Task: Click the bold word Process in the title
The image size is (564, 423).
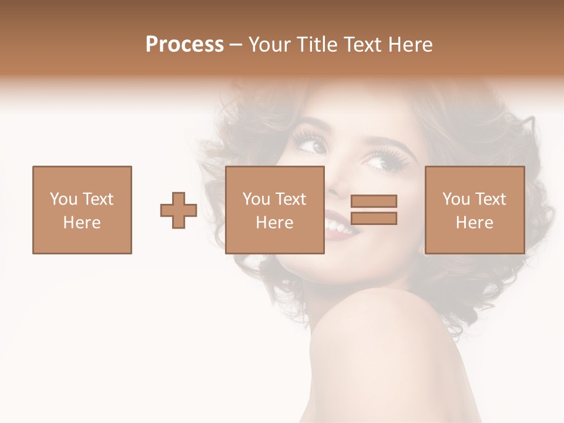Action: coord(184,45)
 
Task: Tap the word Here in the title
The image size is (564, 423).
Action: coord(411,45)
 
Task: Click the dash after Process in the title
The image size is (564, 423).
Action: coord(236,45)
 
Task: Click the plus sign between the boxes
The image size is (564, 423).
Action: coord(179,210)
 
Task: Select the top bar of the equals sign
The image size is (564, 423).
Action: coord(374,201)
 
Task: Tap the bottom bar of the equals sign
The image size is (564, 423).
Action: coord(374,219)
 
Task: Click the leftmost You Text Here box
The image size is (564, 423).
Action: coord(82,210)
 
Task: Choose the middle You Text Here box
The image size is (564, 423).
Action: coord(274,210)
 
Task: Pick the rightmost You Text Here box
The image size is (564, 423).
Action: coord(474,210)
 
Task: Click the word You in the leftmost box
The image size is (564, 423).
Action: coord(63,199)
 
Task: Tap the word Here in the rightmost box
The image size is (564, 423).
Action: coord(474,222)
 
